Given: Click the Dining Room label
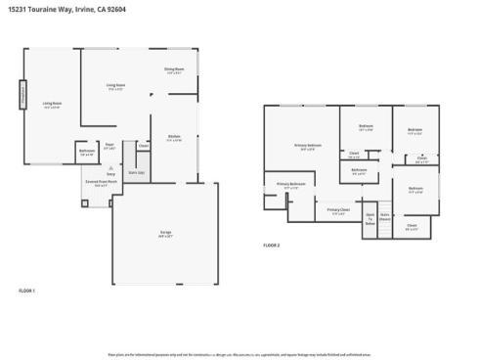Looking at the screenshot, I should tap(174, 69).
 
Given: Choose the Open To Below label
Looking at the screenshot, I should tap(370, 218).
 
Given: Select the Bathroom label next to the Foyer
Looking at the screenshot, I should tap(86, 153).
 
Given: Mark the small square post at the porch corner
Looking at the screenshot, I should tap(85, 203).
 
